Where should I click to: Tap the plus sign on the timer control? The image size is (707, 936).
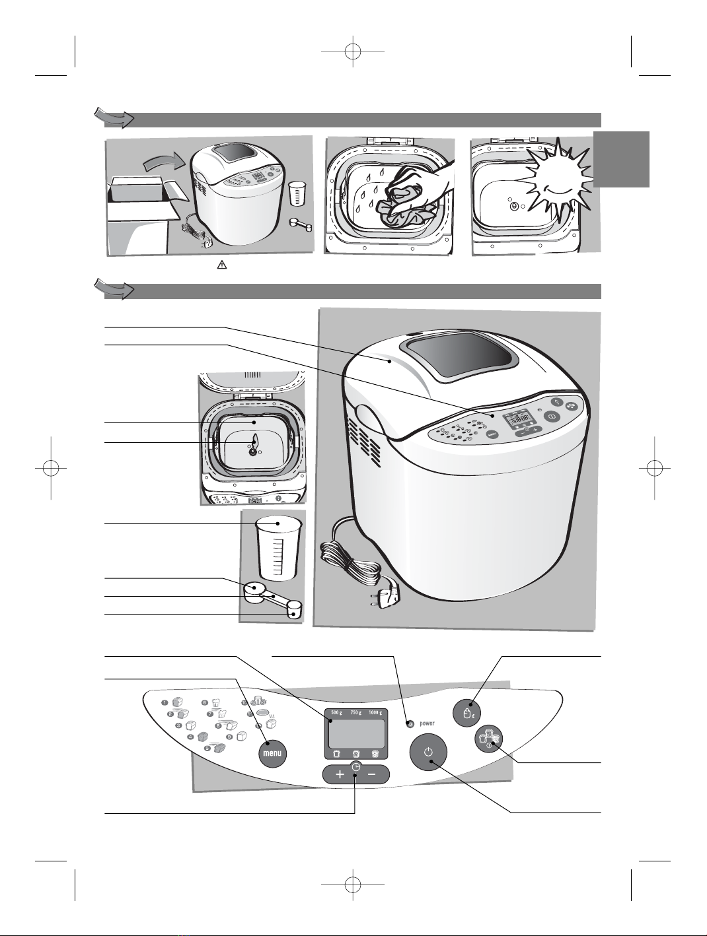340,775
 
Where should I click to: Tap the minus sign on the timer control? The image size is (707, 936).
371,775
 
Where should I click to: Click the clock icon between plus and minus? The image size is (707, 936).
356,767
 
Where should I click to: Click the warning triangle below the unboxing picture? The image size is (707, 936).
221,265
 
